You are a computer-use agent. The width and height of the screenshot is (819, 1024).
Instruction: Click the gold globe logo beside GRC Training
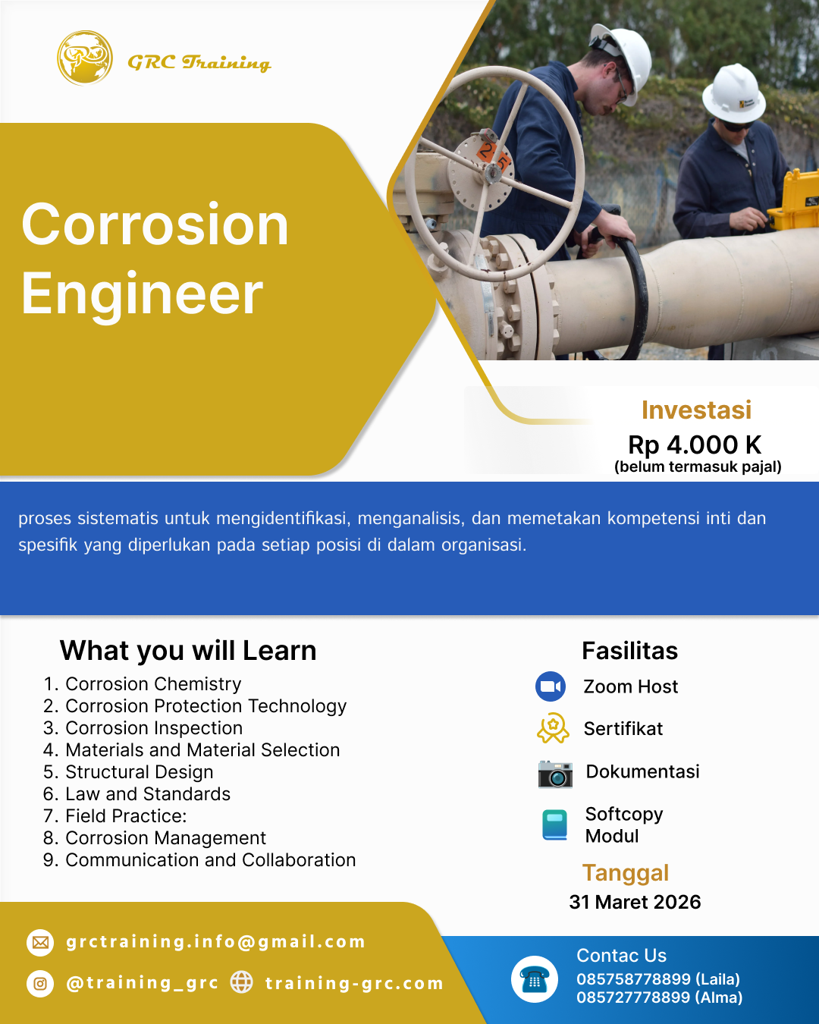pos(85,58)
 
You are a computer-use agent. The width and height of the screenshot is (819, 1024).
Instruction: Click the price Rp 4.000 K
pos(695,445)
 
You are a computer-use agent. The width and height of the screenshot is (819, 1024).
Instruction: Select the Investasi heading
pos(696,410)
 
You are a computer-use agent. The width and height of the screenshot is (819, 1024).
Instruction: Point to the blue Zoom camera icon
pos(551,686)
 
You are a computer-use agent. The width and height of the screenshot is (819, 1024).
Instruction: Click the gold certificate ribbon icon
pos(553,728)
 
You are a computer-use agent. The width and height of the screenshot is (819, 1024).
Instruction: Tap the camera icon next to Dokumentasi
pos(555,774)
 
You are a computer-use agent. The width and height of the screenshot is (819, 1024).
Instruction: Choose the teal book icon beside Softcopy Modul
pos(555,825)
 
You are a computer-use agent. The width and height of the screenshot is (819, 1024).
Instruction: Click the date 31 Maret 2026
pos(635,902)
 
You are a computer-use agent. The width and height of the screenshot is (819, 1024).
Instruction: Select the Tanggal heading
pos(626,874)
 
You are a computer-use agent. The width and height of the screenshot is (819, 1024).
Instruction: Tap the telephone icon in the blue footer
pos(535,979)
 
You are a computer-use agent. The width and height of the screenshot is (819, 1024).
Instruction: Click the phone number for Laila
pos(658,979)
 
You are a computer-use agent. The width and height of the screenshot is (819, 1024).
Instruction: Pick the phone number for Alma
pos(660,997)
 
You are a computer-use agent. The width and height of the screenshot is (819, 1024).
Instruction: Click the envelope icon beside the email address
pos(40,943)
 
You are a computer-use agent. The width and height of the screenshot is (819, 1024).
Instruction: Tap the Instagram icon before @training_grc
pos(40,984)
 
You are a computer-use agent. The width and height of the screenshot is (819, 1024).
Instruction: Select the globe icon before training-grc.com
pos(242,982)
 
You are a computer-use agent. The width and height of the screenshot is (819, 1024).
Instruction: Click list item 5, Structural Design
pos(128,772)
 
